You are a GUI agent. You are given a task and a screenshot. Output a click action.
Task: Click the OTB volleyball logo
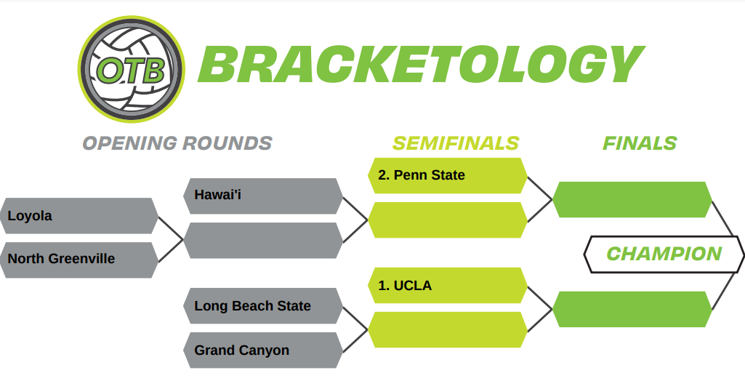[131, 69]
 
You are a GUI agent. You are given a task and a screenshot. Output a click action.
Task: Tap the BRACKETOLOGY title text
[421, 64]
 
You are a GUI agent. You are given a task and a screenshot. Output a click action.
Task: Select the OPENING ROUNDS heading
[177, 143]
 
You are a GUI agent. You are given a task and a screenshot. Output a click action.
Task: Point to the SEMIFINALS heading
[456, 143]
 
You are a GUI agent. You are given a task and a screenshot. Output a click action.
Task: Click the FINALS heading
[640, 143]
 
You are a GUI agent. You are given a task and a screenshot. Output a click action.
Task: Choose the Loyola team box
[79, 216]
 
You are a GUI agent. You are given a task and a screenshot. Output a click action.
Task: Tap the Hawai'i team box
[263, 196]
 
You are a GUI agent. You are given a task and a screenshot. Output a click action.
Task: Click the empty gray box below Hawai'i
[263, 240]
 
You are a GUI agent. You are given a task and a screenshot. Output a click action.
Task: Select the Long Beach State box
[263, 306]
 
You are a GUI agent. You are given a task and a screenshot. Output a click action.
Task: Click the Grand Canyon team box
[263, 350]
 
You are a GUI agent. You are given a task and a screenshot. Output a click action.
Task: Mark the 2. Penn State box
[448, 175]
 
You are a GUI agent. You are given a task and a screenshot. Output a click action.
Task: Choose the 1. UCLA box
[448, 285]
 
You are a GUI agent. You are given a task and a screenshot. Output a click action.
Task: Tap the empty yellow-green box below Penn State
[448, 220]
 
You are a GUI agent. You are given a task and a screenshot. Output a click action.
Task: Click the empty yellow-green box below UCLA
[448, 329]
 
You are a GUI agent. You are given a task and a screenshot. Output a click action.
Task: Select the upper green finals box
[632, 199]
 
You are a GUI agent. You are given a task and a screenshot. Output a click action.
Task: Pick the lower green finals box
[632, 309]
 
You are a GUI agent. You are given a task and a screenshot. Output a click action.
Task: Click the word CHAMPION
[664, 254]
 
